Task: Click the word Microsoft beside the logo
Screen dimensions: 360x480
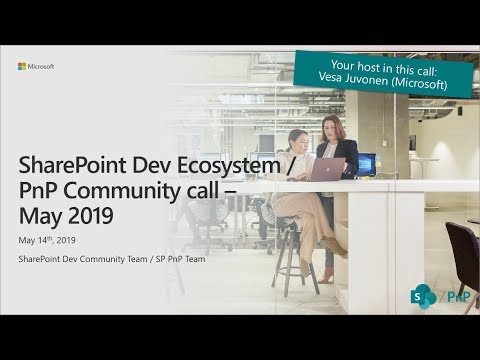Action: point(41,67)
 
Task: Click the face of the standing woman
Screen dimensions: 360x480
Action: point(329,127)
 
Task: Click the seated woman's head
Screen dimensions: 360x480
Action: point(299,138)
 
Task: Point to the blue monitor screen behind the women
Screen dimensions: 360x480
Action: point(366,163)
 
